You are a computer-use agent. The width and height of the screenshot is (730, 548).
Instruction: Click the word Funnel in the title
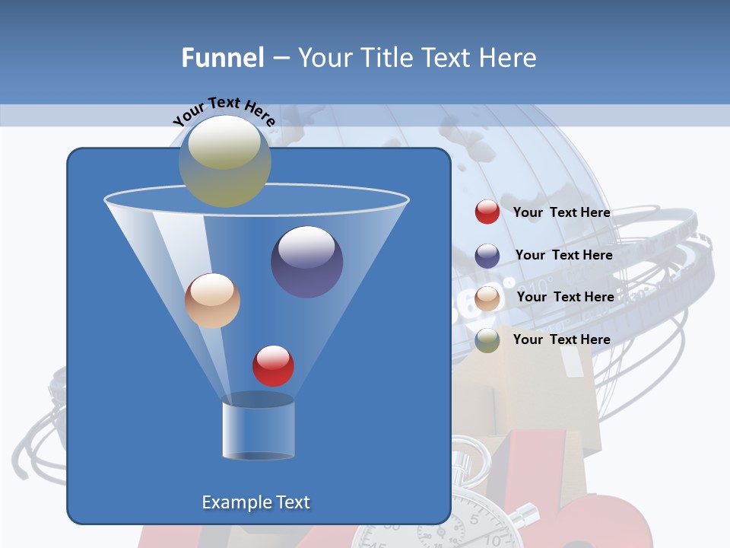click(223, 57)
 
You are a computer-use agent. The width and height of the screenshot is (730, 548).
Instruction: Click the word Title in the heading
click(386, 57)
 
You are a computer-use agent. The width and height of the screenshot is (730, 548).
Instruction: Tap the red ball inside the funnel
click(273, 365)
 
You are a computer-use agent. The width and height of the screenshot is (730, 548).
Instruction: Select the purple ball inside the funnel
click(306, 262)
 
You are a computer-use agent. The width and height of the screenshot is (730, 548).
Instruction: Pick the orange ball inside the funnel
click(212, 301)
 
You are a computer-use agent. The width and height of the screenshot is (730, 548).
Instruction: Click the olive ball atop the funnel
click(225, 161)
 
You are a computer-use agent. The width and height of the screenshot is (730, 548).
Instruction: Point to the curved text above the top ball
click(224, 110)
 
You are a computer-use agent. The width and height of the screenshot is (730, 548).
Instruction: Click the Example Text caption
click(256, 502)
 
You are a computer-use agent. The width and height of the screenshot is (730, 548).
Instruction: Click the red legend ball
click(487, 212)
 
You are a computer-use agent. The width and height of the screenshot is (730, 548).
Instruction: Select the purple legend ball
click(487, 256)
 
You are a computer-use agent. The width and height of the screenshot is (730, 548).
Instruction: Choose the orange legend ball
click(487, 298)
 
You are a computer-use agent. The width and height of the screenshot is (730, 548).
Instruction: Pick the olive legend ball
click(487, 340)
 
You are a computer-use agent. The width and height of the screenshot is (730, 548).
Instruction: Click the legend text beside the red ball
click(561, 213)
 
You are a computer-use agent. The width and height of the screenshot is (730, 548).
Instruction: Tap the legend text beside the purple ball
click(563, 256)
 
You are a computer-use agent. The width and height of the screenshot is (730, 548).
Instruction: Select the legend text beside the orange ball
click(565, 298)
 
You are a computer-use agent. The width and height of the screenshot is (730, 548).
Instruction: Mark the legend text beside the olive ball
click(561, 339)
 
